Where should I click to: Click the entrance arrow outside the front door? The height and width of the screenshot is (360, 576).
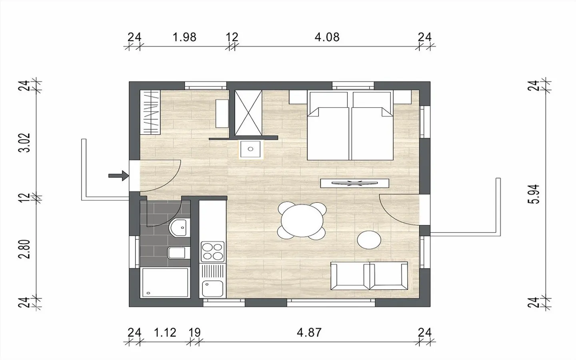click(118, 176)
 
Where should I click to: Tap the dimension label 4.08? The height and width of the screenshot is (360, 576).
click(327, 37)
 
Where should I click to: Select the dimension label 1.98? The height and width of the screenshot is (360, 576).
click(184, 37)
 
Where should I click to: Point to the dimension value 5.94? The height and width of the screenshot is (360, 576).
click(533, 194)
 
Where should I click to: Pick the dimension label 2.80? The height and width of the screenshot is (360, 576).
click(24, 249)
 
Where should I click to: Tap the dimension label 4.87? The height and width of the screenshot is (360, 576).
click(309, 332)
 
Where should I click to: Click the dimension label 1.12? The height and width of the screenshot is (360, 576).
click(165, 332)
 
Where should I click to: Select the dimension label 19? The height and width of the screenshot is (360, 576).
click(194, 332)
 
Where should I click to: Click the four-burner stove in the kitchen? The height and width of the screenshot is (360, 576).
click(212, 252)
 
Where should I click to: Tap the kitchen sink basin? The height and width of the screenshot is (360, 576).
click(212, 288)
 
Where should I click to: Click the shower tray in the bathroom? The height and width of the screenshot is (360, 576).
click(164, 283)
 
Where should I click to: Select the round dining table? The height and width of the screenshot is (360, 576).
click(302, 221)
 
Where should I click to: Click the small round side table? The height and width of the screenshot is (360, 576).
click(369, 240)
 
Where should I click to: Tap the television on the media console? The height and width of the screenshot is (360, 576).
click(354, 183)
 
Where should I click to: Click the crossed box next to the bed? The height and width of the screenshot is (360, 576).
click(248, 113)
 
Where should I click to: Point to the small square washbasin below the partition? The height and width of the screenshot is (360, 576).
click(251, 149)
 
